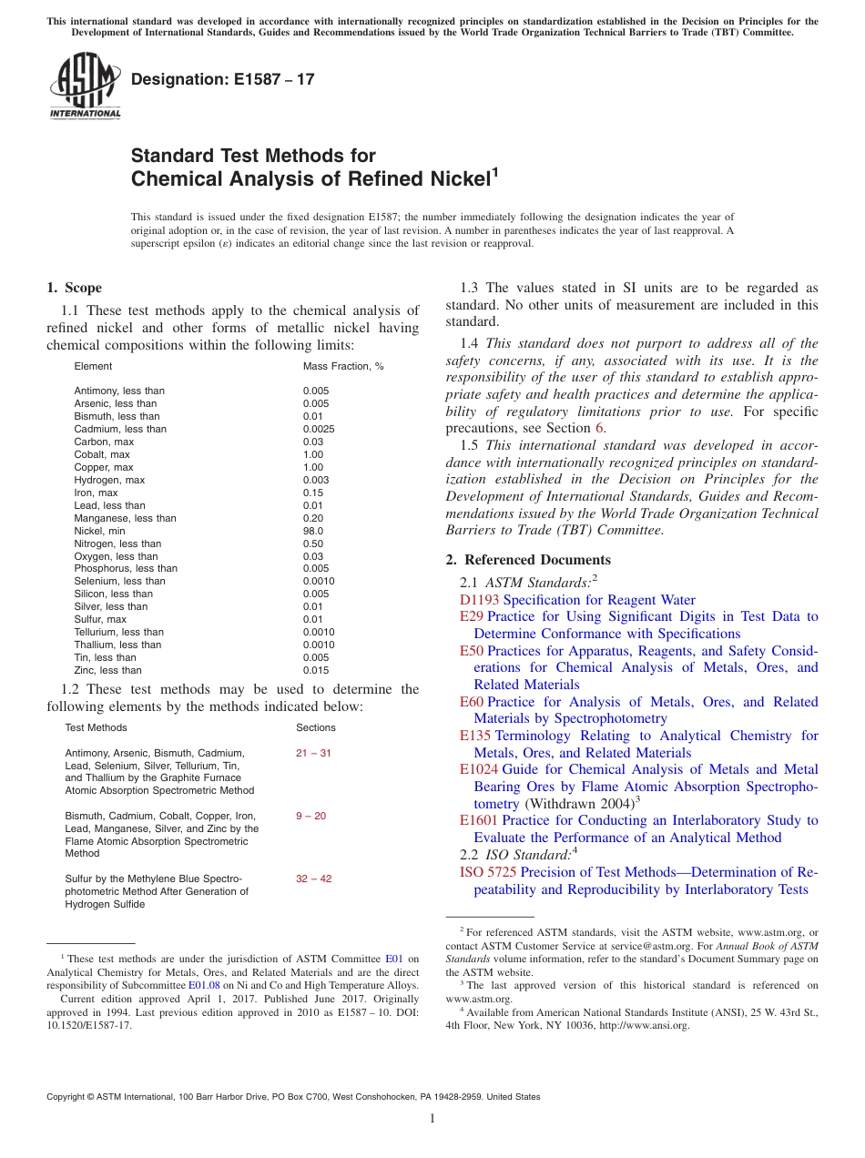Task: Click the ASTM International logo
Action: point(85,86)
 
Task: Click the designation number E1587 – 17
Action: point(223,79)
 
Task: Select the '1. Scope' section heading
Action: point(74,288)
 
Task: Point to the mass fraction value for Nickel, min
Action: point(313,531)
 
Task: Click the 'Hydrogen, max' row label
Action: point(109,480)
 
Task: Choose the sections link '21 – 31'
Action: point(313,753)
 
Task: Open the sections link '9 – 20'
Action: point(310,816)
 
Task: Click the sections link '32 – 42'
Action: point(313,879)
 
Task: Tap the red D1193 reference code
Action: point(479,600)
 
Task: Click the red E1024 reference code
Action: point(479,769)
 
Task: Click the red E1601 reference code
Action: point(479,820)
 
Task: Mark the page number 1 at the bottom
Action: point(432,1119)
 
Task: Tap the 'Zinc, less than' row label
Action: point(108,670)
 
